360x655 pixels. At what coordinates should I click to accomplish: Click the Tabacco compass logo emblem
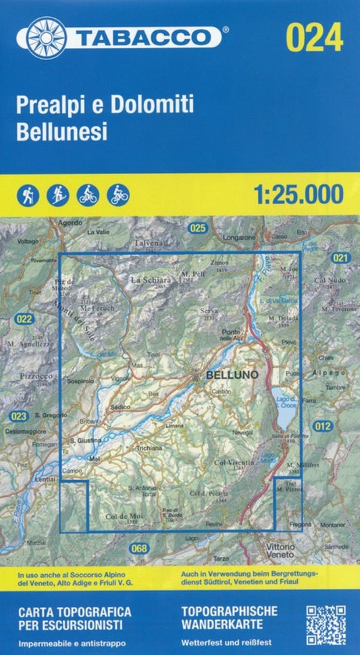coord(45,36)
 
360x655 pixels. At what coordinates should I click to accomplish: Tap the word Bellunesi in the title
coord(60,131)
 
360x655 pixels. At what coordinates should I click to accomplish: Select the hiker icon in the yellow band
coord(26,194)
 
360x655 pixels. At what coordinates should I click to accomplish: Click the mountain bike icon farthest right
coord(118,194)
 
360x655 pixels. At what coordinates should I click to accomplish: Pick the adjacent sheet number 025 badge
coord(197,228)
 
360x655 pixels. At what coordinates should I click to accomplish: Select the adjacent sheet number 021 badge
coord(340,258)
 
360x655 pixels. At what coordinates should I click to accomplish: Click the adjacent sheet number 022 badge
coord(24,318)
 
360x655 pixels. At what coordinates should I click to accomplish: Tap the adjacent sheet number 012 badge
coord(323,425)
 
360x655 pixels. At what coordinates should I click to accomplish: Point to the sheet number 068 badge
coord(139,548)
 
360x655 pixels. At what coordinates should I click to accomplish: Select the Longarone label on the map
coord(238,238)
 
